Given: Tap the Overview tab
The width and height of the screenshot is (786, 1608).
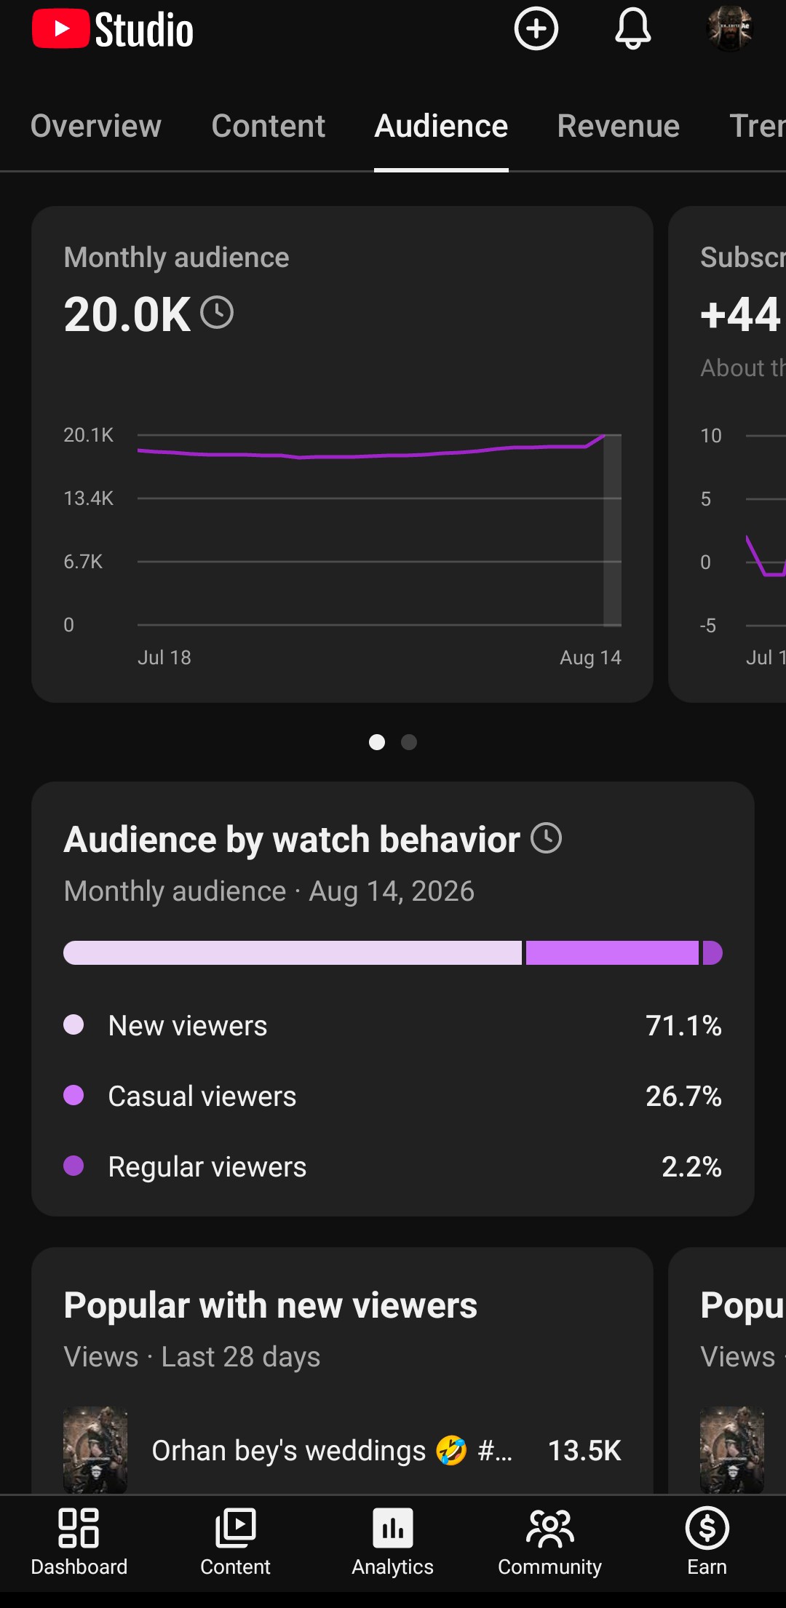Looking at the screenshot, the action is (x=95, y=126).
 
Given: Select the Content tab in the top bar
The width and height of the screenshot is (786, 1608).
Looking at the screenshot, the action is (x=268, y=126).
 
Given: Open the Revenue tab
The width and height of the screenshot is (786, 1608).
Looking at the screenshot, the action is (x=618, y=126).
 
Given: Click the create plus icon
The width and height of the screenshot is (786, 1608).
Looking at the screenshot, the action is (x=536, y=29).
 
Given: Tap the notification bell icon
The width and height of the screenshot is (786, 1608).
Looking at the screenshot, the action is (x=633, y=29).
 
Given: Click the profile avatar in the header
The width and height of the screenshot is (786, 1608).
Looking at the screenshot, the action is (x=729, y=29).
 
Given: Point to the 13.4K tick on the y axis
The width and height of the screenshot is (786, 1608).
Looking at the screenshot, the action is (x=88, y=498).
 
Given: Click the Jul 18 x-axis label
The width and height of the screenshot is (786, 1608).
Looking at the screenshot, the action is (x=164, y=658).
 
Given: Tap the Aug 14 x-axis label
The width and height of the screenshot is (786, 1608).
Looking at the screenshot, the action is (x=590, y=658).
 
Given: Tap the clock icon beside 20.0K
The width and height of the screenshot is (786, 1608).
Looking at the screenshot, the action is (x=217, y=313).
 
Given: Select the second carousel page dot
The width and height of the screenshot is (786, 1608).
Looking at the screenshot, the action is (x=409, y=742).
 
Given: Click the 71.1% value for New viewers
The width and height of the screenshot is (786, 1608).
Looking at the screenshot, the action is (x=683, y=1026).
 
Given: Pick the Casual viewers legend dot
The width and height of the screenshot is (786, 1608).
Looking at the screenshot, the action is (x=74, y=1095).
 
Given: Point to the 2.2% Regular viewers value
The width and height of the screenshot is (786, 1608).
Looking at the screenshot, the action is (x=691, y=1167).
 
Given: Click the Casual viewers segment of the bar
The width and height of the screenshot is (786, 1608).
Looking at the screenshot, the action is (x=612, y=953).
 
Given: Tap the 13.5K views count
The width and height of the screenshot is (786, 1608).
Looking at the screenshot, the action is (x=584, y=1451).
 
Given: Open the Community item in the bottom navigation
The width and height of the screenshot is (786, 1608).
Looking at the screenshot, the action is (x=549, y=1541).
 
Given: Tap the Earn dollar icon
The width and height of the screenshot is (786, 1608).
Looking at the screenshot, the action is (x=707, y=1528).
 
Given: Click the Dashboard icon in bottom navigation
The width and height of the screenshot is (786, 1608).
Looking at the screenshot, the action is (x=79, y=1528).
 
